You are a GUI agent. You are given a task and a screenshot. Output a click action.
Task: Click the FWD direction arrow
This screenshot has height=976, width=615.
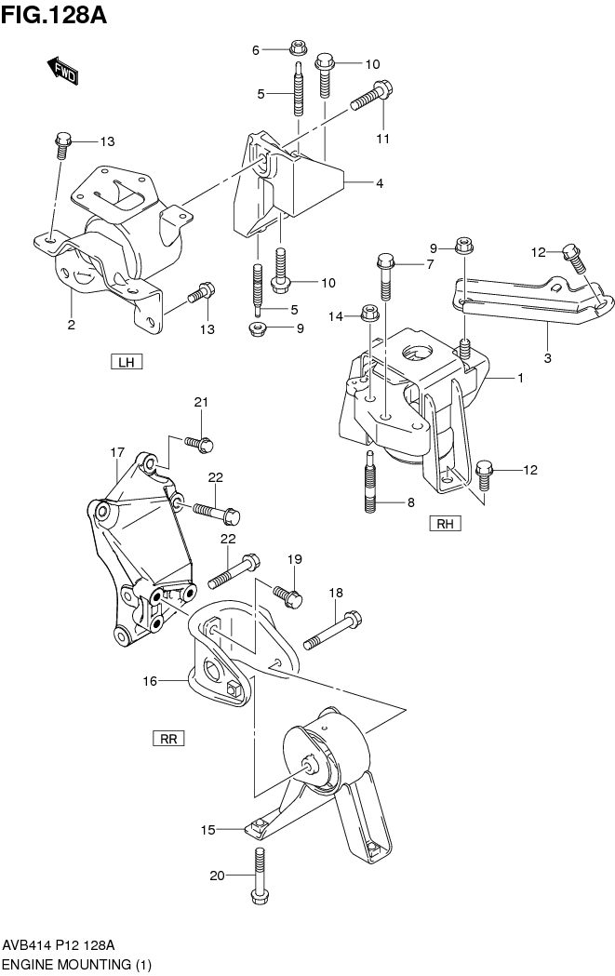tap(62, 70)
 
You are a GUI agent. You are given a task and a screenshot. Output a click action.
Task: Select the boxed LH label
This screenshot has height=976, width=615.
tap(126, 362)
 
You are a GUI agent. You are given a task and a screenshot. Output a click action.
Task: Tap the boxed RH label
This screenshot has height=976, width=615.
tap(446, 524)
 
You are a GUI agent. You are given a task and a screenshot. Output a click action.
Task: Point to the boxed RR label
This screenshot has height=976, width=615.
tap(168, 739)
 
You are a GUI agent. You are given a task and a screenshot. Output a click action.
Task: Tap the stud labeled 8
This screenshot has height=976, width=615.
tap(369, 483)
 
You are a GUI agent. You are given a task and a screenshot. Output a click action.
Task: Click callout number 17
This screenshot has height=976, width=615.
tap(117, 452)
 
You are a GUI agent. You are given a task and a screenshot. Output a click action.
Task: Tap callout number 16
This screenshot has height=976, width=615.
tap(149, 682)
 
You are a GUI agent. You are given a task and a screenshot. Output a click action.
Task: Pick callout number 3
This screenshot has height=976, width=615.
tap(548, 357)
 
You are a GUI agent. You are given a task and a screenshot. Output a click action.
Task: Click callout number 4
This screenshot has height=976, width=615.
tap(380, 184)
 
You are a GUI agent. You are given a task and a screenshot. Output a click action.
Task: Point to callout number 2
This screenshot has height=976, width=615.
tap(70, 324)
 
